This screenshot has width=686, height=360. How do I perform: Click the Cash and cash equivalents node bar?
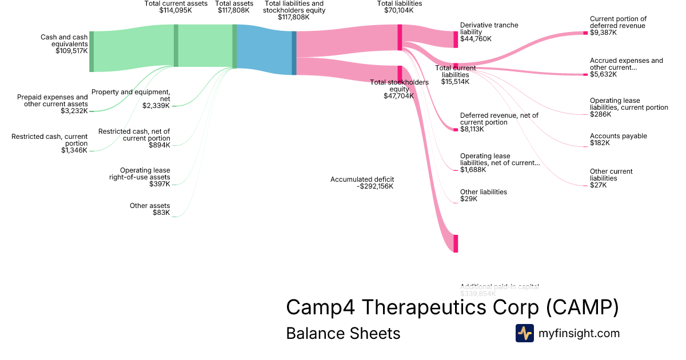pyautogui.click(x=91, y=51)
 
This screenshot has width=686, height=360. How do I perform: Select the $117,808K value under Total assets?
pyautogui.click(x=234, y=10)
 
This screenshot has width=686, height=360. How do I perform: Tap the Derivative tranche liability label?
pyautogui.click(x=489, y=29)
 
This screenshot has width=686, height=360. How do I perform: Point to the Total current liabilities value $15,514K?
pyautogui.click(x=455, y=82)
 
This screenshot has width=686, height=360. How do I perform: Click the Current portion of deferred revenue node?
pyautogui.click(x=585, y=33)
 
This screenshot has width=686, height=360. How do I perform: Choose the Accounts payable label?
pyautogui.click(x=618, y=136)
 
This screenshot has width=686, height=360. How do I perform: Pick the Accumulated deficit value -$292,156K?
pyautogui.click(x=374, y=186)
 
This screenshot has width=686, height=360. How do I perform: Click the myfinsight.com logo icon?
pyautogui.click(x=524, y=333)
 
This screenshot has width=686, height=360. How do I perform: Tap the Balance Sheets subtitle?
pyautogui.click(x=343, y=333)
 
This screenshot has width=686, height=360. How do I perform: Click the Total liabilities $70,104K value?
pyautogui.click(x=400, y=10)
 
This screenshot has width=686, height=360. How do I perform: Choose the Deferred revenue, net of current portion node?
pyautogui.click(x=456, y=129)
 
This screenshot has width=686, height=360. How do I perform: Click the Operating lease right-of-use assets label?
pyautogui.click(x=145, y=173)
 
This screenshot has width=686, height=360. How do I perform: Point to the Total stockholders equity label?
pyautogui.click(x=399, y=85)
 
